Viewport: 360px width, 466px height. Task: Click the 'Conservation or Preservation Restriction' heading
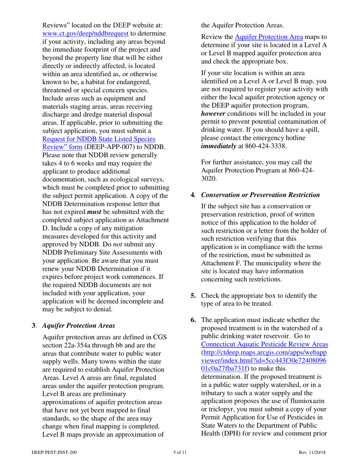point(260,195)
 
